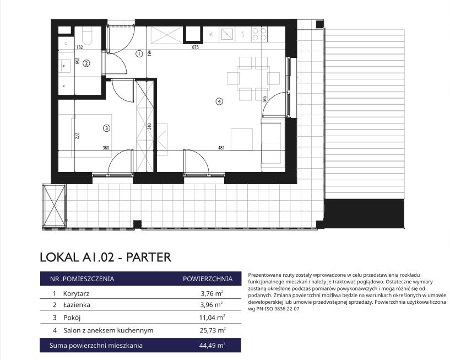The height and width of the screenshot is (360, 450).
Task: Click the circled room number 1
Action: tap(139, 53)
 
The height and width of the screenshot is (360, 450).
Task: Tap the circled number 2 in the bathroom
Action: tap(86, 63)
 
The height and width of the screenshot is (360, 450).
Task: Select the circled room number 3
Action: tap(106, 128)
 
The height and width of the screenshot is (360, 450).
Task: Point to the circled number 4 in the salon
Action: tap(219, 101)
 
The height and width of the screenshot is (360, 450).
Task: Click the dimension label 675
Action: tap(195, 47)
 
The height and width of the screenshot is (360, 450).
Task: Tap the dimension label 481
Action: tap(221, 148)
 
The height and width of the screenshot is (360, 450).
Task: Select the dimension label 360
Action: tap(106, 148)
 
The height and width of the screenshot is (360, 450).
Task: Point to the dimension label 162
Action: tap(79, 47)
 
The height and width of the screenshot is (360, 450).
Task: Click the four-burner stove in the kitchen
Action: tap(259, 34)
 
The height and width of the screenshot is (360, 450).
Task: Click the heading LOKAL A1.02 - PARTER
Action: tap(105, 257)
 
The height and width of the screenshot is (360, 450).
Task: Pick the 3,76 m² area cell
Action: tap(212, 293)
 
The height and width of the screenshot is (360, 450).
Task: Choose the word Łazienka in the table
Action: tap(77, 304)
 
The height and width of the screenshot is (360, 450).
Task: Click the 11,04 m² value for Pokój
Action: tap(212, 318)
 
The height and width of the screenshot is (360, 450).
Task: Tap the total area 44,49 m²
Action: tap(212, 345)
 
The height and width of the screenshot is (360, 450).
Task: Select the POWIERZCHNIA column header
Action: tap(208, 279)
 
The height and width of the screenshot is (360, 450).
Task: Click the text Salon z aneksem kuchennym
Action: tap(108, 330)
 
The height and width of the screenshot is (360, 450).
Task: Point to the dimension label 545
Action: tap(264, 99)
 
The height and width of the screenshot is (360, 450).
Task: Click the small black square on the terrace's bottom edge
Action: tap(138, 224)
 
